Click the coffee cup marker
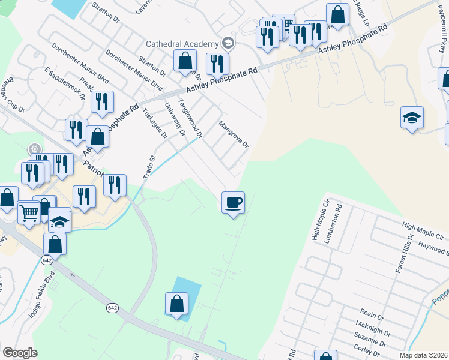tap(232, 202)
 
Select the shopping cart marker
tap(29, 211)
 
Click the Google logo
tap(20, 353)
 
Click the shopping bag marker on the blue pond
tap(177, 304)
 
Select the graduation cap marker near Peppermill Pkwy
tap(412, 118)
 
